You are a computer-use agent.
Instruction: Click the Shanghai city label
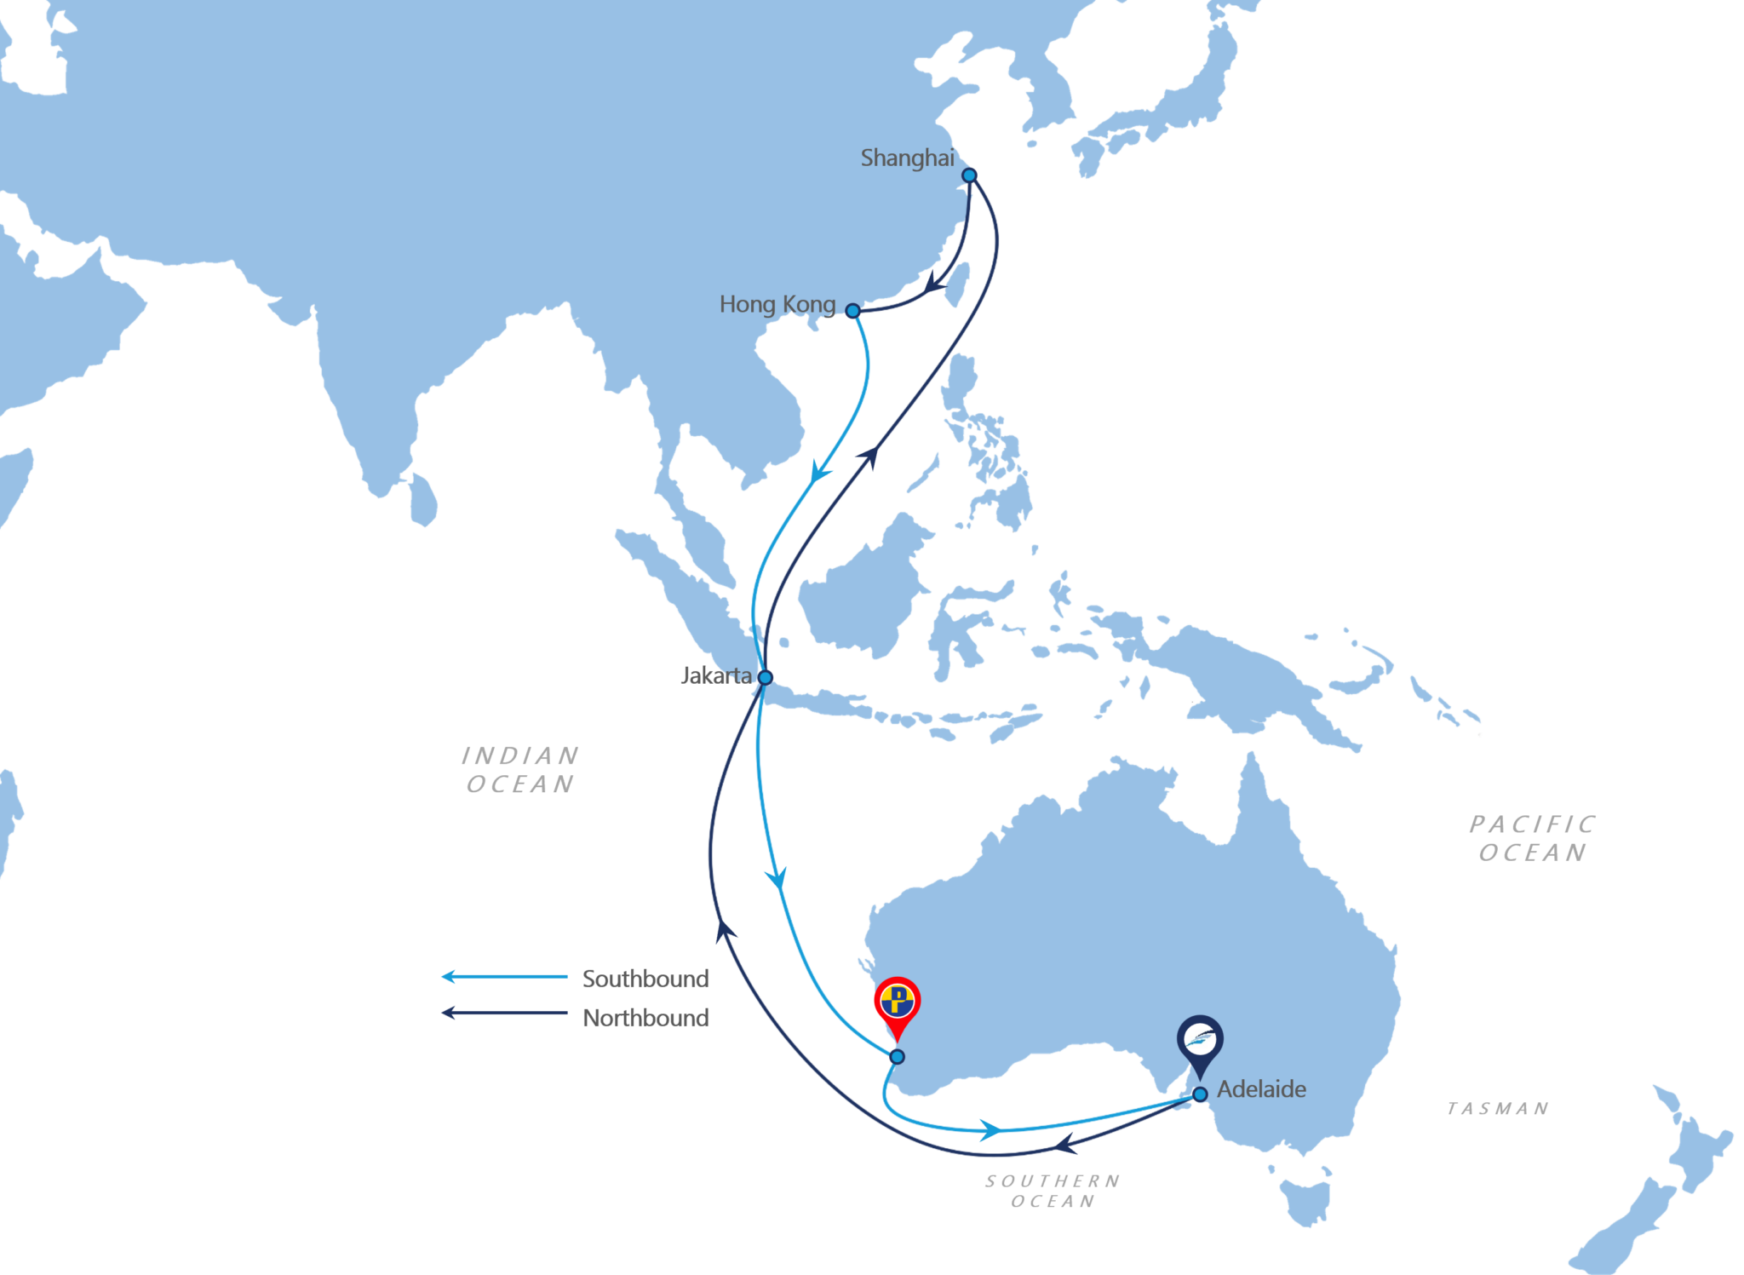(907, 158)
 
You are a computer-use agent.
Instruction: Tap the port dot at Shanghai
(968, 175)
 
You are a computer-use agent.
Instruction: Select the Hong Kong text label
(777, 304)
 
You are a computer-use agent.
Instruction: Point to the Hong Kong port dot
(852, 311)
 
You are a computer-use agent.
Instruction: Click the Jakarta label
(717, 676)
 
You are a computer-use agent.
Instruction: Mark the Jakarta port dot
(765, 677)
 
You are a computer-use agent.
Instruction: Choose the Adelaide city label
(1261, 1089)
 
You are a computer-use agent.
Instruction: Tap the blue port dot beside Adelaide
(1200, 1094)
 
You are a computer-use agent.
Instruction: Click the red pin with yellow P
(897, 1002)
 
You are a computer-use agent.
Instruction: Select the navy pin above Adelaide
(1200, 1041)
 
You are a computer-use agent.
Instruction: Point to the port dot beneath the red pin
(897, 1057)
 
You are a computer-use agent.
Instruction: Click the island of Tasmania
(1301, 1192)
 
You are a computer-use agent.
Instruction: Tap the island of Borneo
(860, 588)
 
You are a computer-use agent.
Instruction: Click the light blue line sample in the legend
(511, 979)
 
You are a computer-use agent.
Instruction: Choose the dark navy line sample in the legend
(511, 1017)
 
